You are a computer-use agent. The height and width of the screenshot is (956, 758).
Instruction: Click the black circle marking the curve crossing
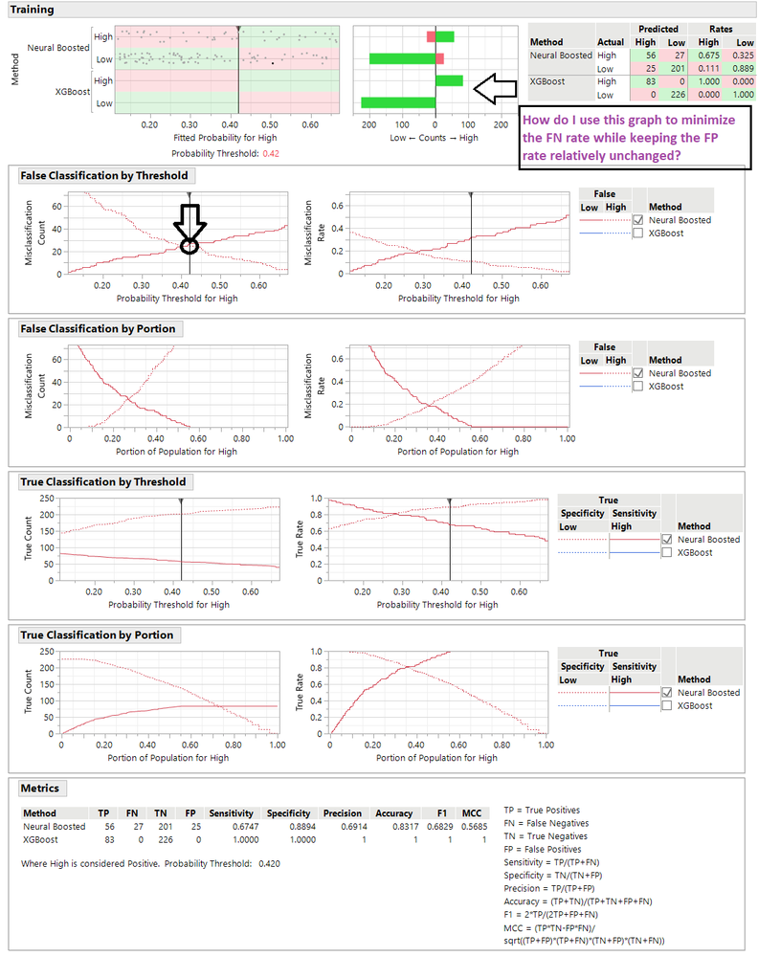pos(189,246)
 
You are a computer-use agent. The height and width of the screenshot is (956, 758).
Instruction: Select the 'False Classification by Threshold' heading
pos(103,175)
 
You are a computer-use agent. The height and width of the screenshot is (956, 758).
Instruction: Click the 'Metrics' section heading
pos(41,788)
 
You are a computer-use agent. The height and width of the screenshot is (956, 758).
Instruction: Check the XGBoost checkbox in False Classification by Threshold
pos(637,233)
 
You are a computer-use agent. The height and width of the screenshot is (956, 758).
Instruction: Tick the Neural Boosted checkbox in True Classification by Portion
pos(666,692)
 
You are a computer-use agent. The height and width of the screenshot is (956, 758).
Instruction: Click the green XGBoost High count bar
pos(449,81)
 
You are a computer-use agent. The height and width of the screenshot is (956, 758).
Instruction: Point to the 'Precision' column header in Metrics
pos(342,812)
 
